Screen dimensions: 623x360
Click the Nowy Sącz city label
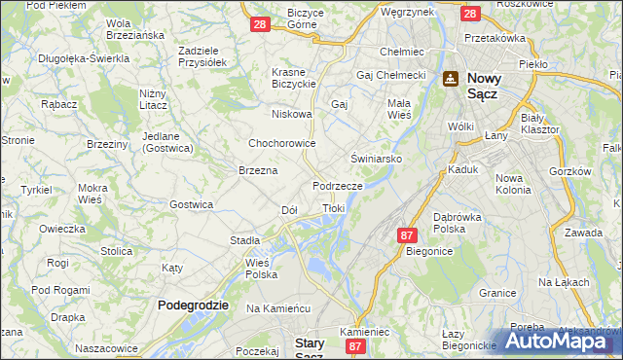(495, 88)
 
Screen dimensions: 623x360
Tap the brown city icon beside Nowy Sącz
(451, 79)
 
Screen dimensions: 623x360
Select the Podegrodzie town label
(193, 305)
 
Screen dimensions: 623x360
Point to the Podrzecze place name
(338, 185)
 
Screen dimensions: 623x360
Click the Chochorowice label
(282, 143)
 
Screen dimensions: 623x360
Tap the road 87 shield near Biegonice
(407, 234)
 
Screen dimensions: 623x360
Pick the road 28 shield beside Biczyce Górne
(259, 24)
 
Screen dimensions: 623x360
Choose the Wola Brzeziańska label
(135, 28)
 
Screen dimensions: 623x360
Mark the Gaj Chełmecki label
(392, 75)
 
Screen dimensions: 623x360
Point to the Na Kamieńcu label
(277, 307)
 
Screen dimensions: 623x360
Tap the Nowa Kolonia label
(514, 184)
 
